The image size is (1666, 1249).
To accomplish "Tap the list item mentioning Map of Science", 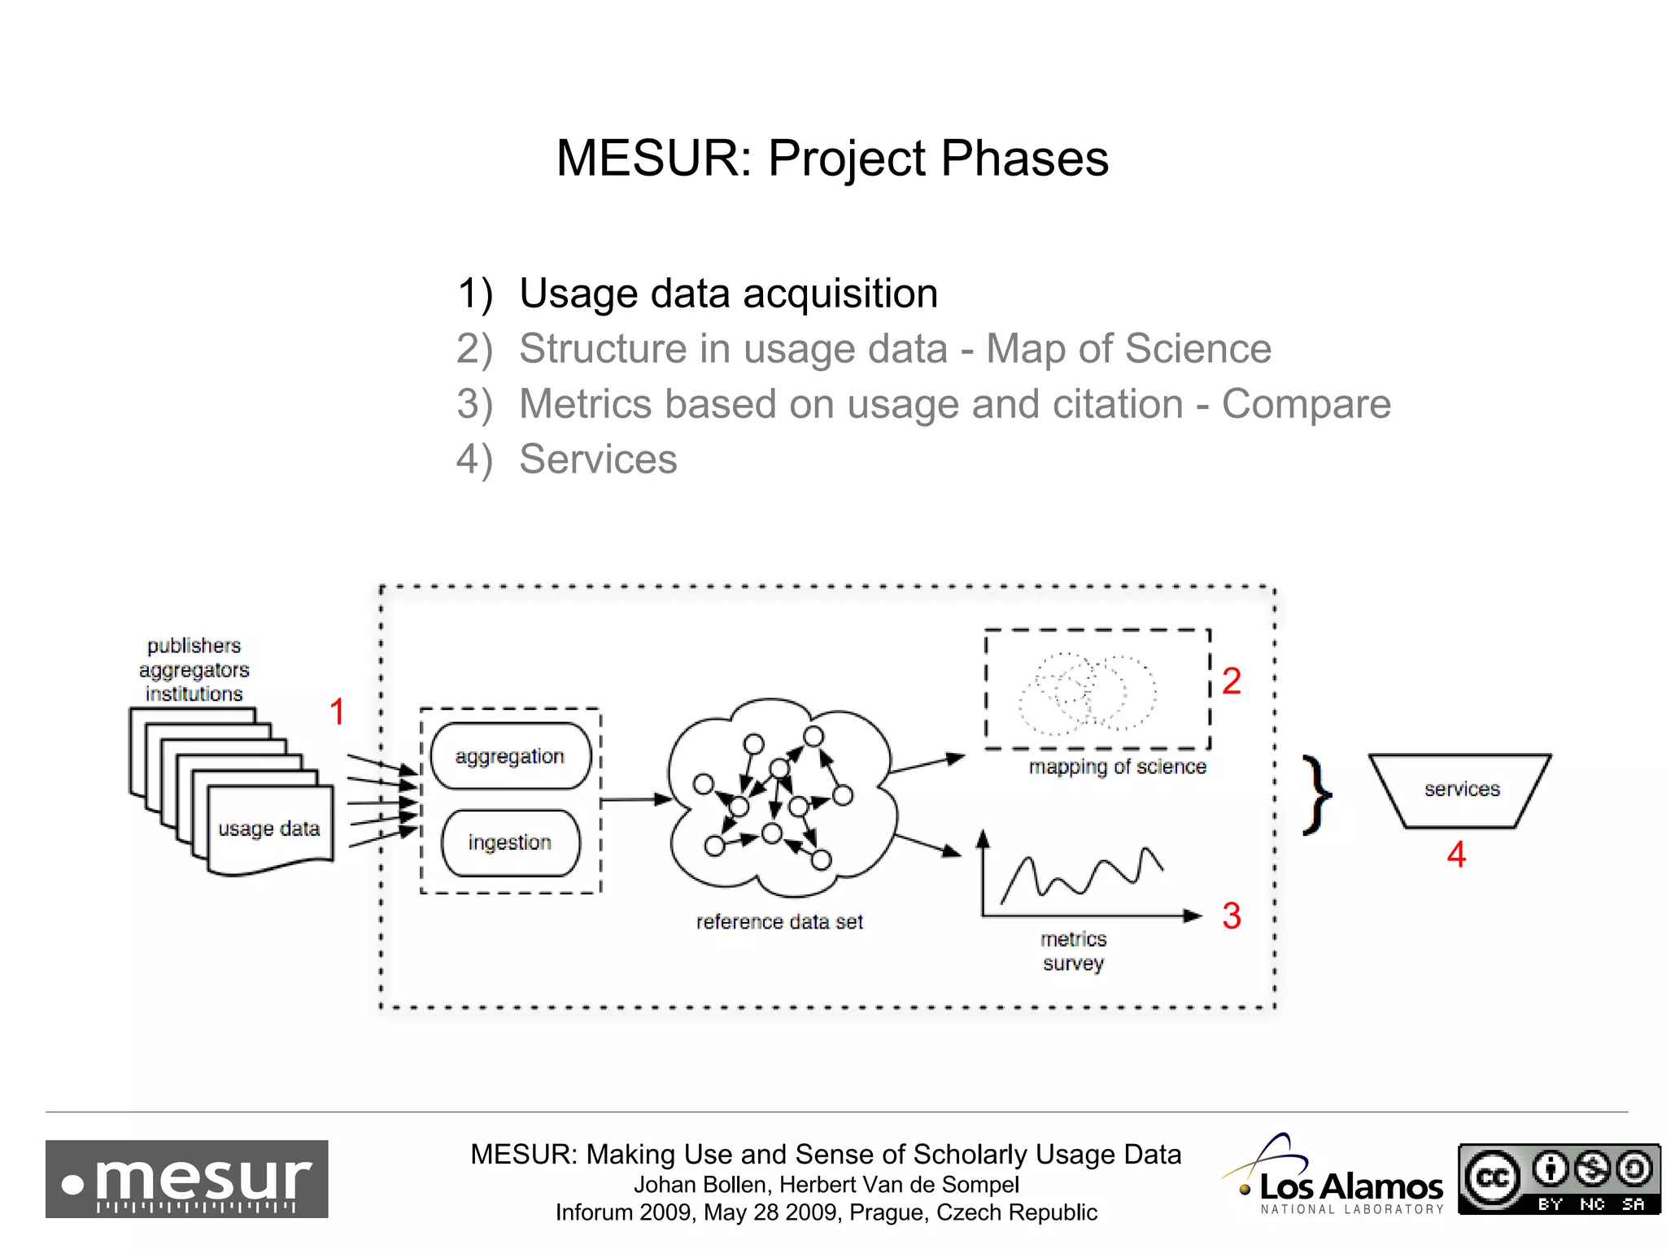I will [895, 348].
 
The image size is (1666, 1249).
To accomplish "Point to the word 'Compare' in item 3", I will [1306, 403].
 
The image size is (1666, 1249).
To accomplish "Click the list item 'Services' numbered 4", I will [598, 459].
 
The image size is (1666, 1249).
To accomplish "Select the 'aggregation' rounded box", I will [510, 756].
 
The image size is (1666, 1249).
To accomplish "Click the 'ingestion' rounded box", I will [510, 842].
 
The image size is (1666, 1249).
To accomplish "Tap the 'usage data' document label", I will [268, 829].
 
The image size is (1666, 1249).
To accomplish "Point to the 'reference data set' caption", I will [779, 921].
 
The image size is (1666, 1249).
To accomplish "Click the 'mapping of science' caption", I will [1117, 767].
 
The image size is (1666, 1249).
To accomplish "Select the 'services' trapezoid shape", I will [1461, 790].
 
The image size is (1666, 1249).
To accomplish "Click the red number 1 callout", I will [337, 712].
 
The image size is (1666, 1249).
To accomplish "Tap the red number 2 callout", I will [1231, 681].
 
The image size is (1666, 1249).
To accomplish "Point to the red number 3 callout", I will [1231, 916].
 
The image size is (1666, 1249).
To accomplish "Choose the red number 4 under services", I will [1456, 855].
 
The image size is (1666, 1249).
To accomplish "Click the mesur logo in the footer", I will [187, 1178].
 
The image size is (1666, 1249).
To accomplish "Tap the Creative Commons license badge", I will [1559, 1178].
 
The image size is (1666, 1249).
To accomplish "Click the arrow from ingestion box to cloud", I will [635, 800].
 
